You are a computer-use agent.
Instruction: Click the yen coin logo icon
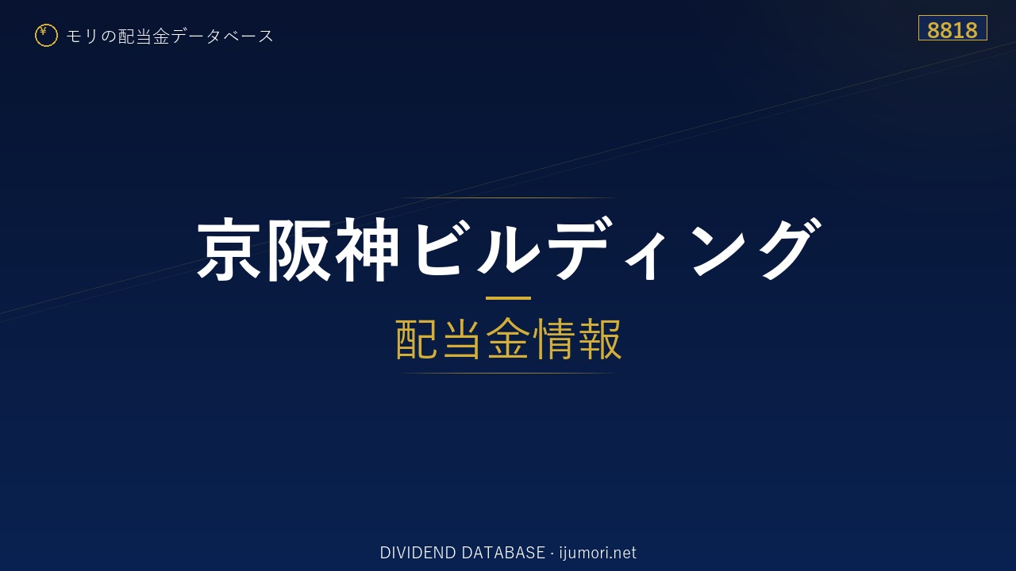(x=46, y=36)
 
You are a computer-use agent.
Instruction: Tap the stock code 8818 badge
(x=952, y=28)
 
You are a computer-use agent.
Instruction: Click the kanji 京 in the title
(x=229, y=249)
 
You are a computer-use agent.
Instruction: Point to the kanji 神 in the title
(x=367, y=249)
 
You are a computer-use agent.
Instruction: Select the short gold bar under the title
(x=508, y=298)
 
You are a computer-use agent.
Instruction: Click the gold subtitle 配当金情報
(x=508, y=339)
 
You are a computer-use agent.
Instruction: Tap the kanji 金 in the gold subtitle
(x=509, y=339)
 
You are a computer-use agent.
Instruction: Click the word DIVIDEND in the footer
(x=418, y=553)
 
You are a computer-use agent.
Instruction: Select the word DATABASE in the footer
(x=503, y=553)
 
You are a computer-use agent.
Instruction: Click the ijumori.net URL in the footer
(x=598, y=554)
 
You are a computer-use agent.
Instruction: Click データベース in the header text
(x=223, y=36)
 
